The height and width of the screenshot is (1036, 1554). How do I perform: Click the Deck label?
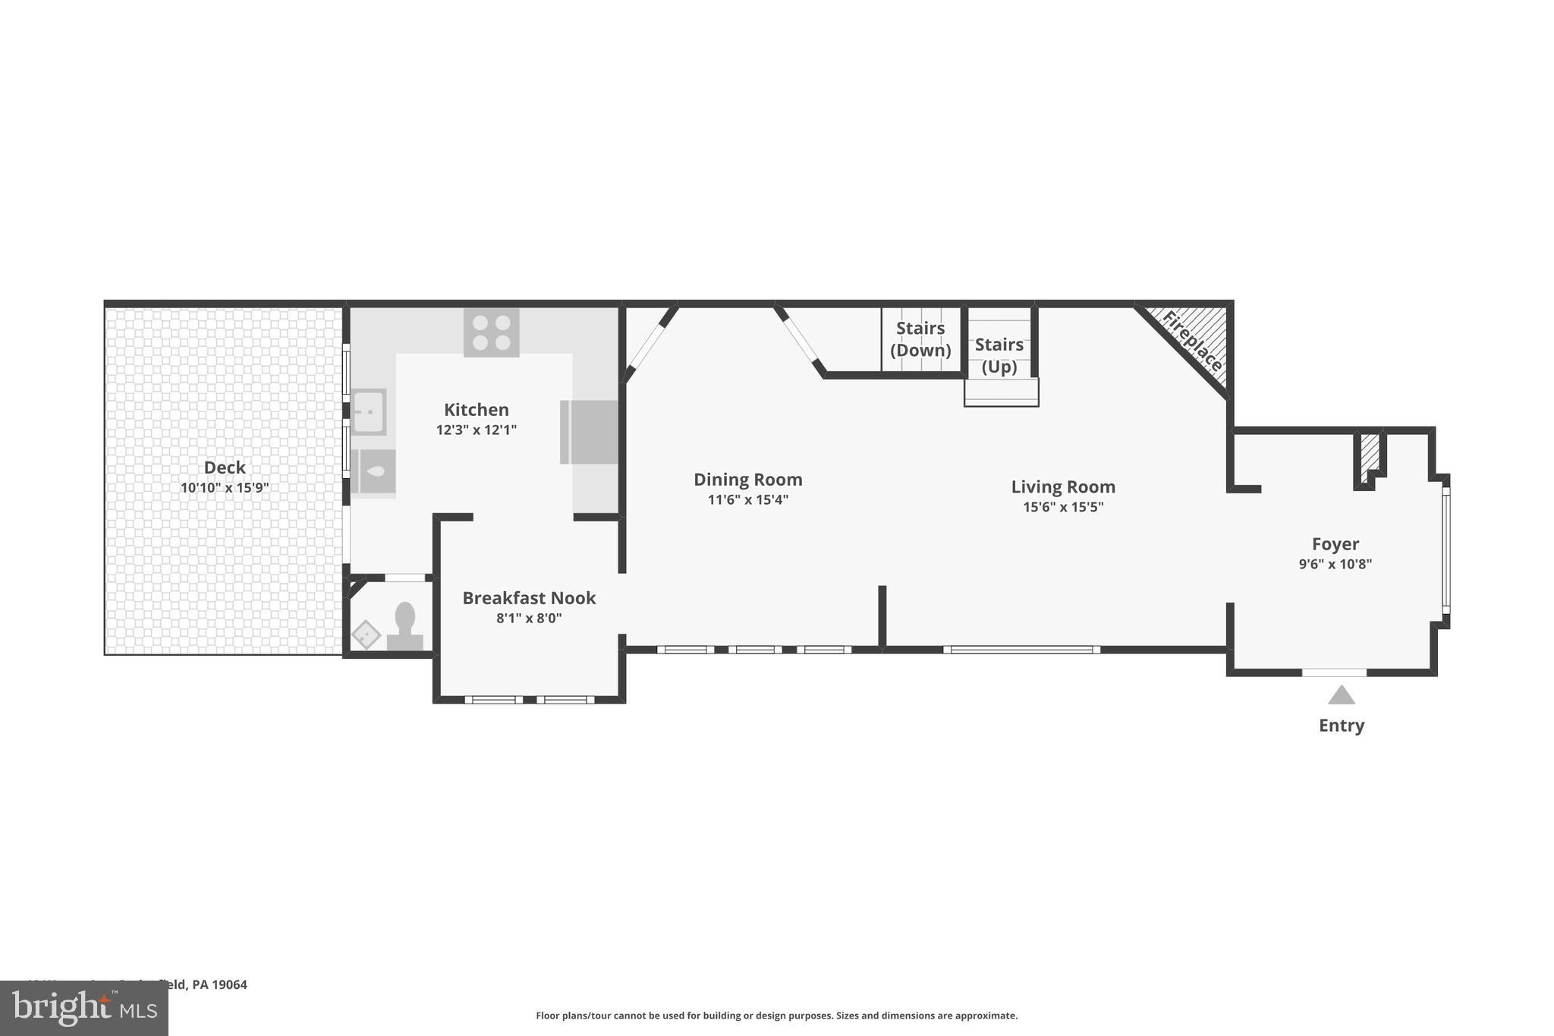click(225, 468)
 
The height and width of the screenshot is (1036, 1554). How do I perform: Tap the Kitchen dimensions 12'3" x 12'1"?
click(476, 430)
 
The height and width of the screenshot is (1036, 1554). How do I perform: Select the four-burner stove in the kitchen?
click(492, 332)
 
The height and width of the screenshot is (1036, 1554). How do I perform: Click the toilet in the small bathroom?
click(405, 625)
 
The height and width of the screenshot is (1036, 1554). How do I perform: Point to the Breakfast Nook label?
click(529, 598)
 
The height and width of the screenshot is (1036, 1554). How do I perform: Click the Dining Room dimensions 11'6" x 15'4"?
click(747, 499)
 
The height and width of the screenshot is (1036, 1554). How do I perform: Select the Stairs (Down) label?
click(920, 339)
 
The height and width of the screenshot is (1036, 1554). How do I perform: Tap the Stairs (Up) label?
click(999, 355)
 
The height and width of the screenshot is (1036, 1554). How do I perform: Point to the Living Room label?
click(1062, 487)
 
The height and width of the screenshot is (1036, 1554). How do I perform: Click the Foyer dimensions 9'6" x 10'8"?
click(1335, 564)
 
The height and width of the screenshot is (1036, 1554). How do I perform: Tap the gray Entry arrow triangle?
click(1341, 695)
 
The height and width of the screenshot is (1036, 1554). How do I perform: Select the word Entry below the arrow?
click(1341, 726)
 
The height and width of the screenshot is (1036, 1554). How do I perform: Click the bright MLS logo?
click(84, 1008)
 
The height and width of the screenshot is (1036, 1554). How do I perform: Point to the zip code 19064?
click(229, 984)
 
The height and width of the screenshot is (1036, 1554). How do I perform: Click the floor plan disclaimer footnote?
click(776, 1016)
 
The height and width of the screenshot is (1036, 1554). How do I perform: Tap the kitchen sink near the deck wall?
click(370, 411)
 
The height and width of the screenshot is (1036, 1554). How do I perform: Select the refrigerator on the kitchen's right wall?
click(589, 432)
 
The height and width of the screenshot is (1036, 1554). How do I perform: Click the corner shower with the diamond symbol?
click(366, 635)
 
